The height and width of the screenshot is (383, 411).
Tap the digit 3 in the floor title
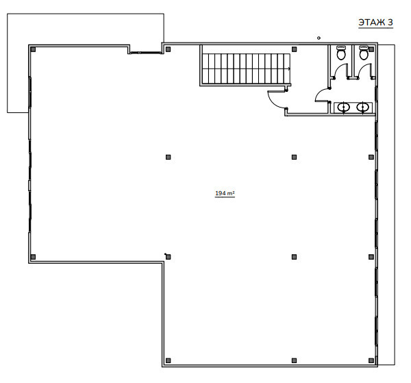coord(390,23)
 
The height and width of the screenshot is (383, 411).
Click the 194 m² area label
coord(225,193)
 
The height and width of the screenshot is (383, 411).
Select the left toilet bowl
coord(340,53)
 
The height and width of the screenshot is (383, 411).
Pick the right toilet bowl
coord(364,53)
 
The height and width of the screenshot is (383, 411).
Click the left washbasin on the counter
coord(343,107)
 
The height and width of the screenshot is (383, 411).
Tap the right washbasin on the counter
coord(362,107)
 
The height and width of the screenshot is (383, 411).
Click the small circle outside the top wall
coord(319,38)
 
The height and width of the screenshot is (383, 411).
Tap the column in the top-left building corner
coord(33,49)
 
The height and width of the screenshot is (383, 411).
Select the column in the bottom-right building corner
coord(371,360)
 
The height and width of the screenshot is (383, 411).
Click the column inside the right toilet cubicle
coord(371,49)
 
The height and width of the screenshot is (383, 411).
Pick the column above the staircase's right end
coord(294,49)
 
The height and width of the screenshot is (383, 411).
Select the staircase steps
coord(247,69)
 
